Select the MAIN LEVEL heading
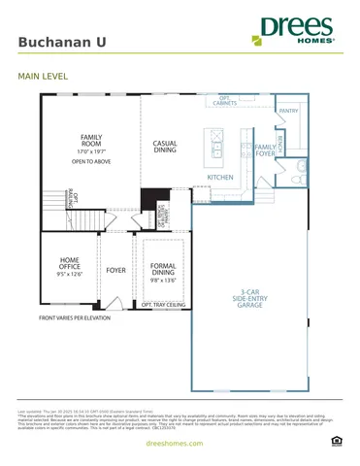43,75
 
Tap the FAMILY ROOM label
90,142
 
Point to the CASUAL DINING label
165,147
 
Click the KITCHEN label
220,178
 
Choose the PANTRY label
288,112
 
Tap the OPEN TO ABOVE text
91,163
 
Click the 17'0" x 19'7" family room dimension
90,152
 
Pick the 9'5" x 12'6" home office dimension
71,275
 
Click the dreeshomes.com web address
180,443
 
